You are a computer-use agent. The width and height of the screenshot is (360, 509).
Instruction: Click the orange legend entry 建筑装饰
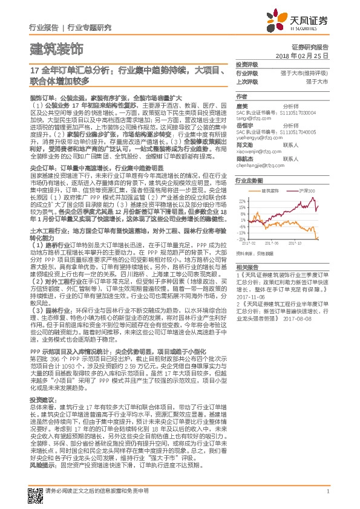(x=273, y=190)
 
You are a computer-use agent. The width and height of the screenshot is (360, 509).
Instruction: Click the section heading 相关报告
(x=247, y=267)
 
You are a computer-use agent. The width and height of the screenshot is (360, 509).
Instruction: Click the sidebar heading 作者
(x=241, y=96)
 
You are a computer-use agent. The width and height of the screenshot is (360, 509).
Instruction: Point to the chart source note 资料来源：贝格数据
(x=253, y=254)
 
